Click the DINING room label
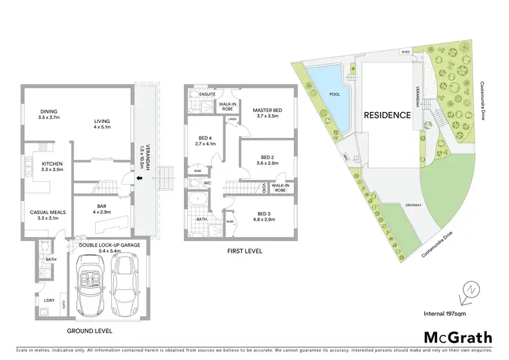(48, 111)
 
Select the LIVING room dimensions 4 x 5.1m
(102, 127)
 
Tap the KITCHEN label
(52, 164)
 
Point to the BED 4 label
(204, 138)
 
